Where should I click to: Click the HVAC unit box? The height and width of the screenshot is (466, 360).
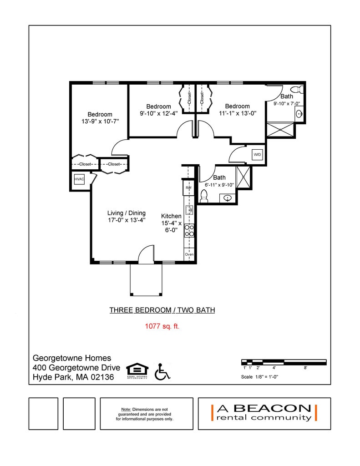tap(79, 180)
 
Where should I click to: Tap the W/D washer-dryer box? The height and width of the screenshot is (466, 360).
tap(257, 155)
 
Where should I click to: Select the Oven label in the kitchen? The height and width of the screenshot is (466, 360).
tap(189, 254)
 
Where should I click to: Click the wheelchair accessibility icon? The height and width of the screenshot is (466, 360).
tap(162, 371)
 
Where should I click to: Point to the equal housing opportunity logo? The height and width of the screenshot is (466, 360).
tap(137, 371)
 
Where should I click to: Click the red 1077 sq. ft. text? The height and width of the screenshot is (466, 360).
tap(162, 326)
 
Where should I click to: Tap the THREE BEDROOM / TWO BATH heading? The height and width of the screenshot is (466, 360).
tap(162, 310)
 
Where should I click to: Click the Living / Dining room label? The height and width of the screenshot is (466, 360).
tap(127, 213)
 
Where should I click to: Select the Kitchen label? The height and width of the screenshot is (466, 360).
tap(172, 216)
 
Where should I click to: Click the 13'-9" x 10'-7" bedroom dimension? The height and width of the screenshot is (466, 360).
tap(100, 122)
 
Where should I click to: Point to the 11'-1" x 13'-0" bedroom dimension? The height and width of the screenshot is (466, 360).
tap(237, 114)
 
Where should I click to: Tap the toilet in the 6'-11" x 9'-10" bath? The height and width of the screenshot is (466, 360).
tap(204, 196)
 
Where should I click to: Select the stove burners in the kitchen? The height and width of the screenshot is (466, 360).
tap(189, 231)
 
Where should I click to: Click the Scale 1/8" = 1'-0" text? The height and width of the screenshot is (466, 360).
tap(259, 377)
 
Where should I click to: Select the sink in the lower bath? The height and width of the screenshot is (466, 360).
tap(228, 198)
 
